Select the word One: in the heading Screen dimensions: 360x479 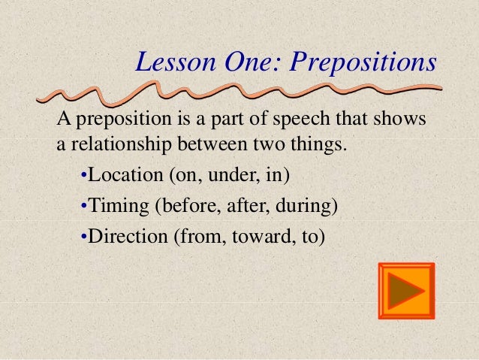245,63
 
